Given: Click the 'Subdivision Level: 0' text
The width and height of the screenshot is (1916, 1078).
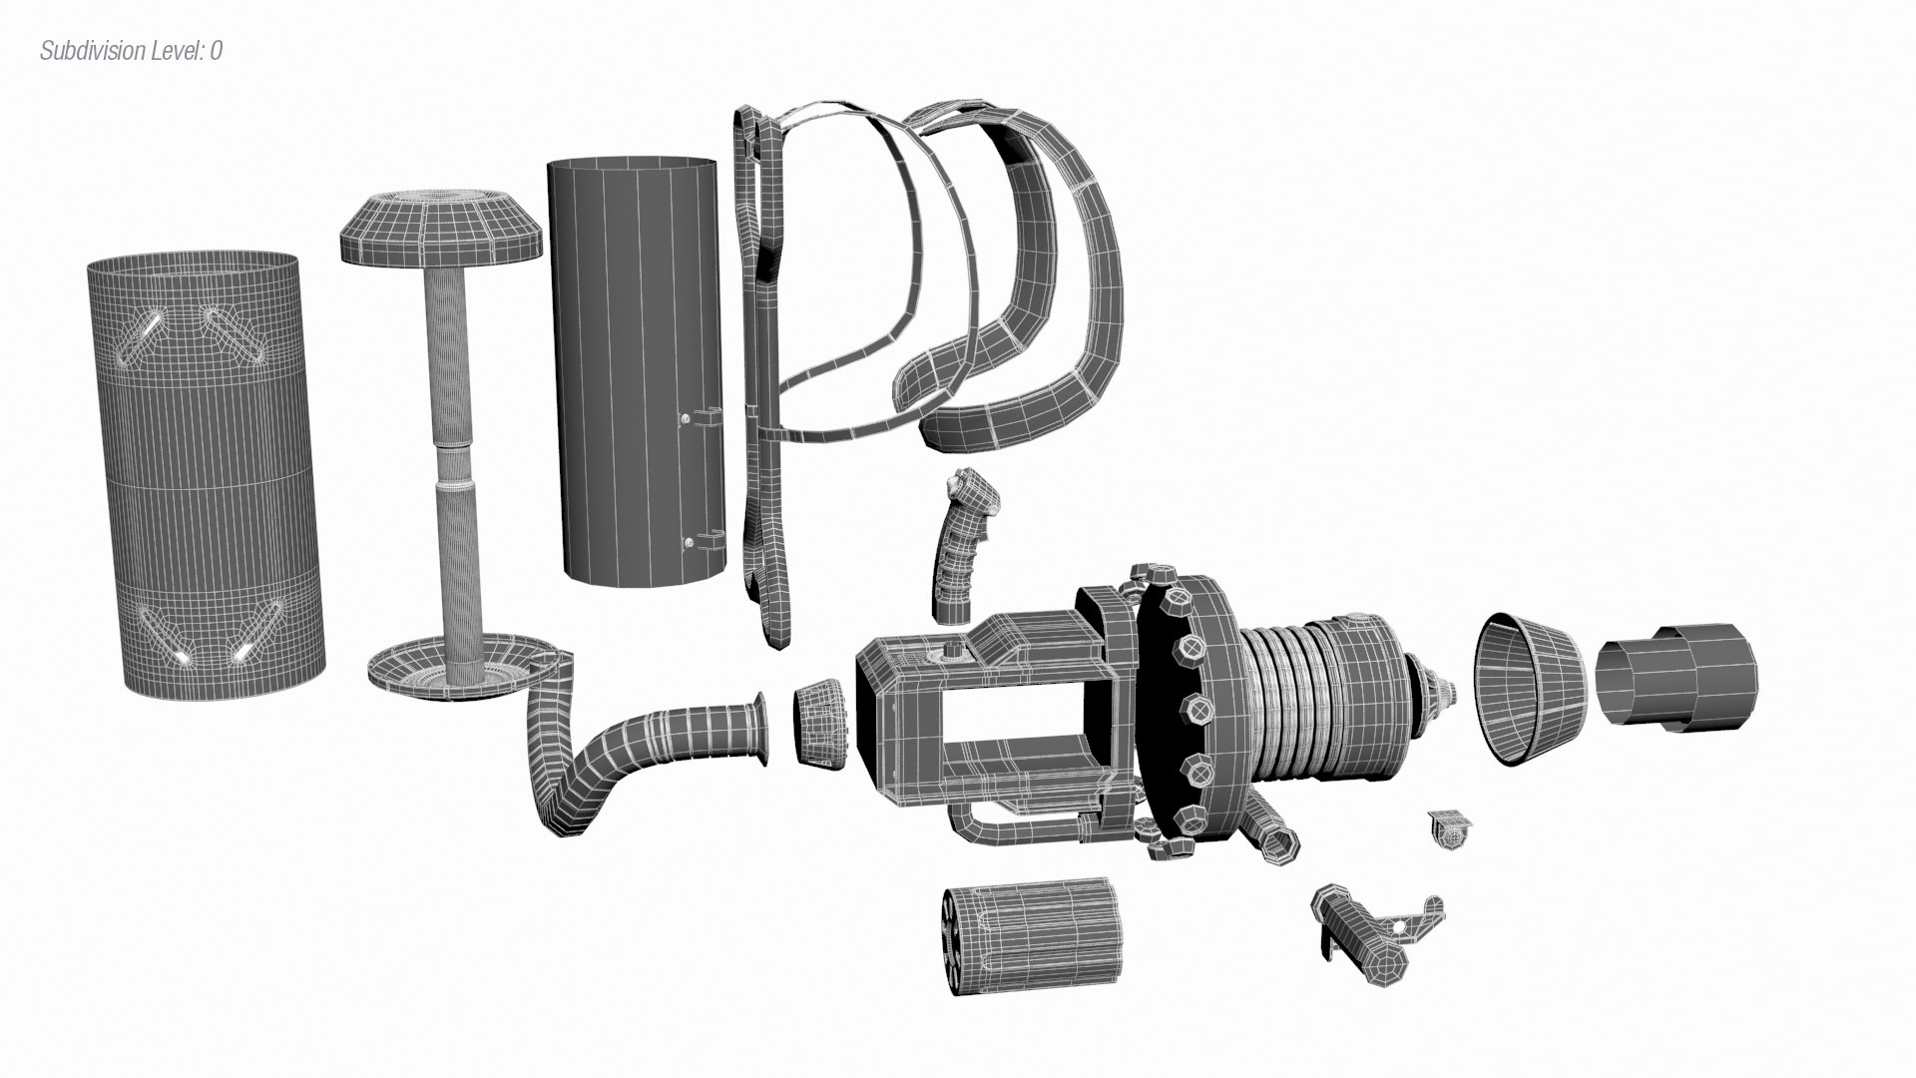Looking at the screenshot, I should point(131,51).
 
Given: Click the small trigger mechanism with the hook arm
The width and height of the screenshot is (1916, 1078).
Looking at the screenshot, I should point(1377,928).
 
